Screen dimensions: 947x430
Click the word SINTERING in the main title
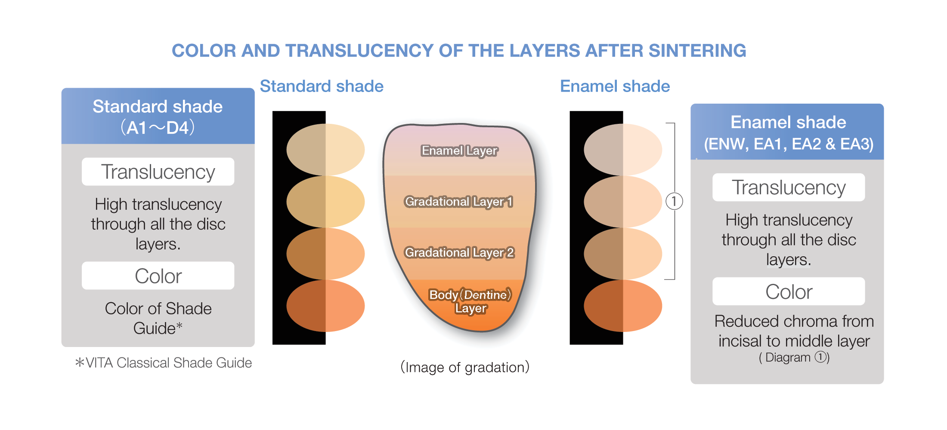697,51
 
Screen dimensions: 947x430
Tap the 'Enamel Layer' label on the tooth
459,151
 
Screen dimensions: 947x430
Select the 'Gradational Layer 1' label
459,202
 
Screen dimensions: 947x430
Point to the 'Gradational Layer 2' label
459,252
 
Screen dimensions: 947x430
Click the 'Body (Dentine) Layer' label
470,301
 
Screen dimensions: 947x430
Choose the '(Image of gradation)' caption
465,367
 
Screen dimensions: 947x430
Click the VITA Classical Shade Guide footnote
164,363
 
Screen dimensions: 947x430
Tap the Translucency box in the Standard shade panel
158,172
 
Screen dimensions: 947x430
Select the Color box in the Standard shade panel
158,276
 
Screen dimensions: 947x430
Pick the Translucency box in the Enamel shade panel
789,187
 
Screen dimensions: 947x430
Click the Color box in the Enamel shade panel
789,292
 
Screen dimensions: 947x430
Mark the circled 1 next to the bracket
674,201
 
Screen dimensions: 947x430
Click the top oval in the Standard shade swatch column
325,150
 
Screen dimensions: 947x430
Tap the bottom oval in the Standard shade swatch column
325,306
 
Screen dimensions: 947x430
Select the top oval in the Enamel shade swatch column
623,150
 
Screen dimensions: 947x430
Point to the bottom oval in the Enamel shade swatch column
623,306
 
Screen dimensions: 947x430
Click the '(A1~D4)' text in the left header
158,128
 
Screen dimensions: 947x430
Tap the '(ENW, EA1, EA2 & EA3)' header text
789,144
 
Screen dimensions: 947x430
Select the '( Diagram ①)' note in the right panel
794,357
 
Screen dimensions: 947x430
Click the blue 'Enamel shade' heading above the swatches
615,86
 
